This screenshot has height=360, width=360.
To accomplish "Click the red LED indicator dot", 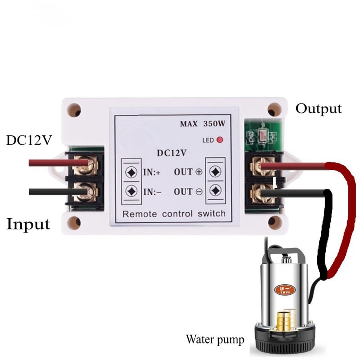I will click(x=220, y=140).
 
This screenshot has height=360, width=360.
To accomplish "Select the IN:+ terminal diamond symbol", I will click(x=132, y=172).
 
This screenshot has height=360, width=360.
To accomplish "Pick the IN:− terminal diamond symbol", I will click(x=132, y=191).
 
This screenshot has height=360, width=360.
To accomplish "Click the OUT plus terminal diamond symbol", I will click(x=215, y=172).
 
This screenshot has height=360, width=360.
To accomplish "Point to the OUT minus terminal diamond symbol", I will click(x=215, y=190).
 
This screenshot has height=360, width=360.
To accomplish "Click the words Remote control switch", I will click(x=174, y=214).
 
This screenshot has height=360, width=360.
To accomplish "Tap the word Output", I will click(x=318, y=109).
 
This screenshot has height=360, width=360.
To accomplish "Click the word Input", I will click(x=28, y=224).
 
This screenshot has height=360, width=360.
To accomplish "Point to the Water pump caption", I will click(x=215, y=340).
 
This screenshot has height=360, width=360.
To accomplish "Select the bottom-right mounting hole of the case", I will click(x=274, y=222).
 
